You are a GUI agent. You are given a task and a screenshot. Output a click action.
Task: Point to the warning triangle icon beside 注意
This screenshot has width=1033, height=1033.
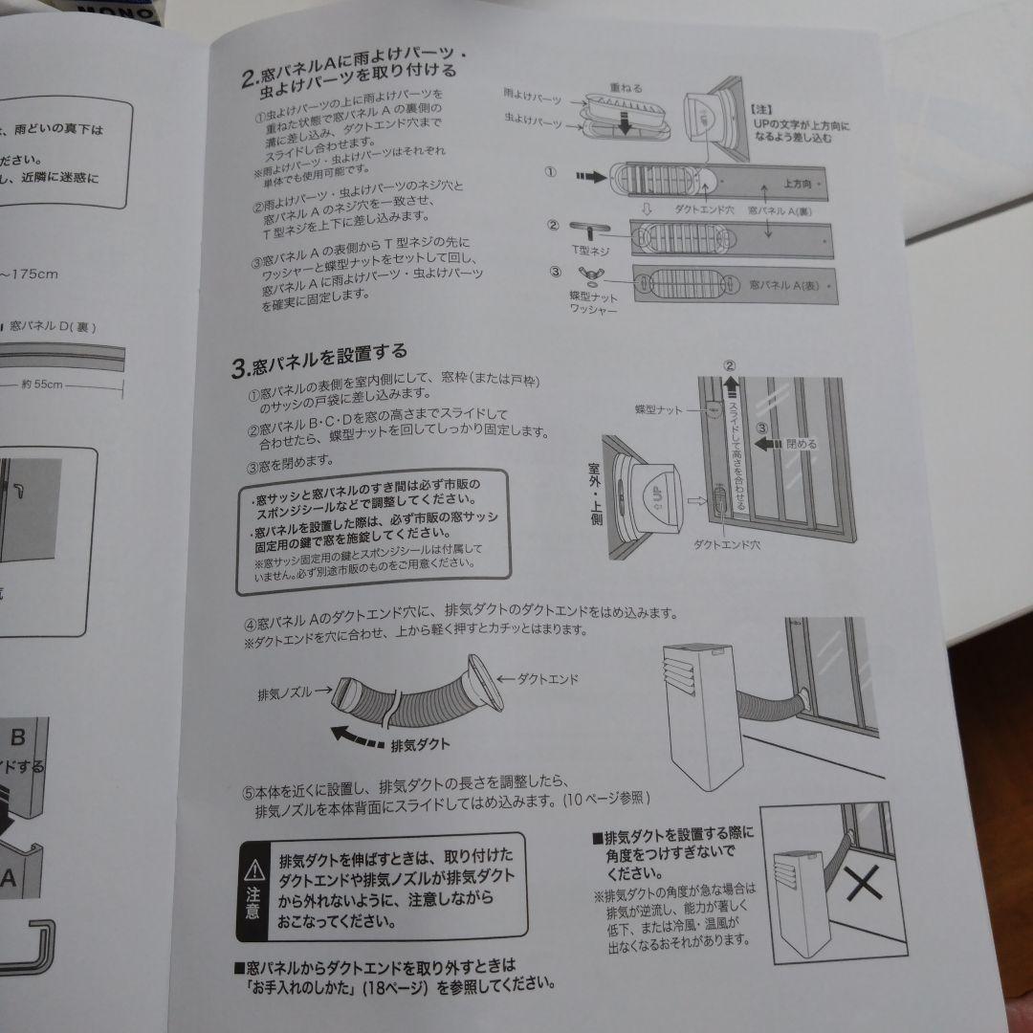tap(253, 868)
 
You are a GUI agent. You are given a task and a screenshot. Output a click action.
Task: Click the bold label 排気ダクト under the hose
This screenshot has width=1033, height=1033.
tap(420, 743)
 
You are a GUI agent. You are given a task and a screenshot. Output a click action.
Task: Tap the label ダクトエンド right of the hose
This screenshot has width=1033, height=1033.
tap(551, 678)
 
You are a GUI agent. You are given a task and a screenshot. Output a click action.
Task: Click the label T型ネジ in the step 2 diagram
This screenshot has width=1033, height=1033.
tap(590, 251)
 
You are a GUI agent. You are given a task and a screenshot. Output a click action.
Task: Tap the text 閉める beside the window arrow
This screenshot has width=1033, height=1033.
tap(799, 445)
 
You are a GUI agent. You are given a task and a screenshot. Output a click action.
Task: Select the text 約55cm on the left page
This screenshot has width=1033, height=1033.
tap(42, 385)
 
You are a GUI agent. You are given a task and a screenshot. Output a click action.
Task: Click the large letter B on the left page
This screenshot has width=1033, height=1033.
tap(18, 737)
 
